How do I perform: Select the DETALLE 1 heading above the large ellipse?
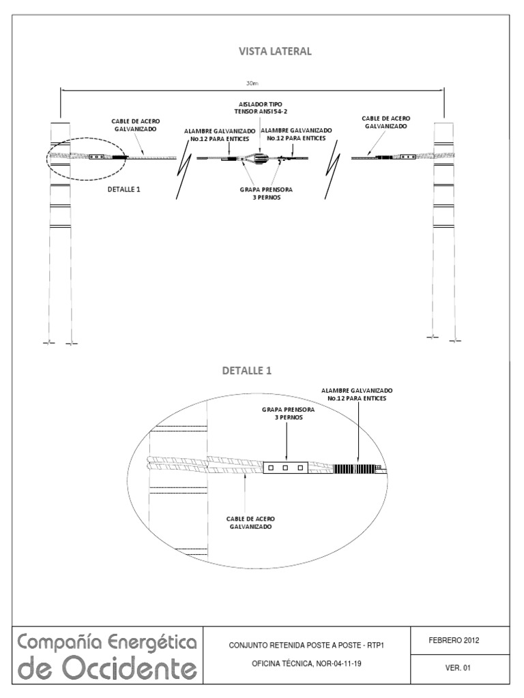click(x=246, y=371)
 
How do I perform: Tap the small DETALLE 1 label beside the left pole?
click(x=124, y=189)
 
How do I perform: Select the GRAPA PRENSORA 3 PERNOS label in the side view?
click(x=261, y=193)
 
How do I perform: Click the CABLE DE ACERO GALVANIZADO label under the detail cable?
click(x=250, y=523)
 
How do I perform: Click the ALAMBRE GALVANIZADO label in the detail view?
click(x=358, y=394)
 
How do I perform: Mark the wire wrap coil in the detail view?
click(x=355, y=468)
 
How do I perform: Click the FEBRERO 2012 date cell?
click(x=453, y=641)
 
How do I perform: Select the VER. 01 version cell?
click(x=453, y=669)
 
